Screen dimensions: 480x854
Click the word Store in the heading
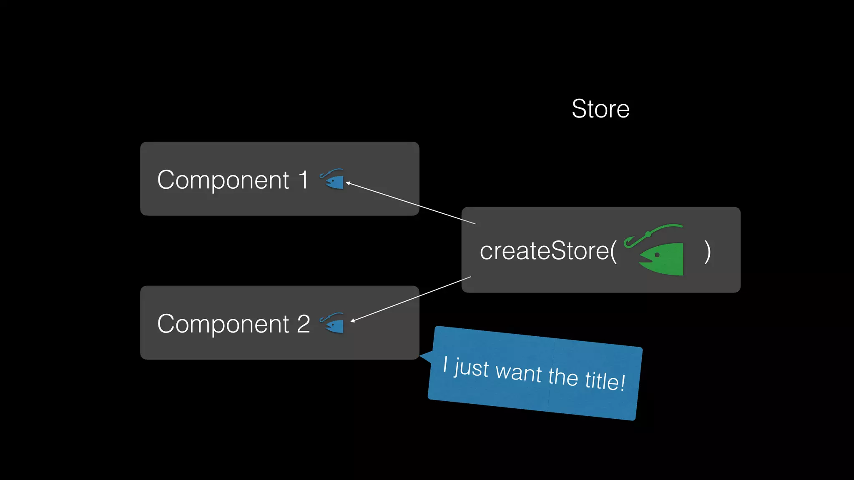point(600,109)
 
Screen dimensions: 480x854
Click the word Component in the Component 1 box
point(223,180)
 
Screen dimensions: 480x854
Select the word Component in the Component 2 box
point(223,324)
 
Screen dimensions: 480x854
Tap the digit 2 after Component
point(303,324)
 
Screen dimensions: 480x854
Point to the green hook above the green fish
point(651,233)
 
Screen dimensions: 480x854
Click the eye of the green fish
point(657,255)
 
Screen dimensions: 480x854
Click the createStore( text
point(548,251)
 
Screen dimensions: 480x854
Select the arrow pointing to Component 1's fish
point(411,203)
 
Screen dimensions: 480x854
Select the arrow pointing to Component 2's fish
point(411,299)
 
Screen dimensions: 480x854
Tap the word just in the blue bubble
point(472,367)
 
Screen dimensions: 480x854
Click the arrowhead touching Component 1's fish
point(348,182)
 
